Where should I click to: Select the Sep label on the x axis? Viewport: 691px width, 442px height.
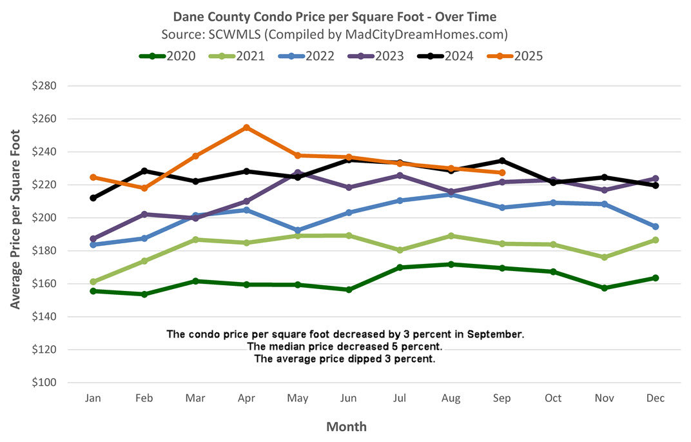(502, 399)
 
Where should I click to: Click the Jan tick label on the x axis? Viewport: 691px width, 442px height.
(93, 399)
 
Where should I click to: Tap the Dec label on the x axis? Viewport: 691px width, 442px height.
(656, 399)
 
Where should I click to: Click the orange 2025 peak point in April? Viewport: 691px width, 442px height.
(246, 128)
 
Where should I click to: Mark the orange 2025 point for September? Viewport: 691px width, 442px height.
(502, 173)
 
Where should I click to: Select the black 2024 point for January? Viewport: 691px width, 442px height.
(93, 198)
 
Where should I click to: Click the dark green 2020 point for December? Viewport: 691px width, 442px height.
(656, 278)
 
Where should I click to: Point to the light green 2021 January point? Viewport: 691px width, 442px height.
(93, 282)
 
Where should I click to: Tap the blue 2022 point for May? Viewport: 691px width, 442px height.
(297, 230)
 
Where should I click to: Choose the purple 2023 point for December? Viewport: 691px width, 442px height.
(656, 179)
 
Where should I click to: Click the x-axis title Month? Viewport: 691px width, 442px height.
(346, 427)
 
